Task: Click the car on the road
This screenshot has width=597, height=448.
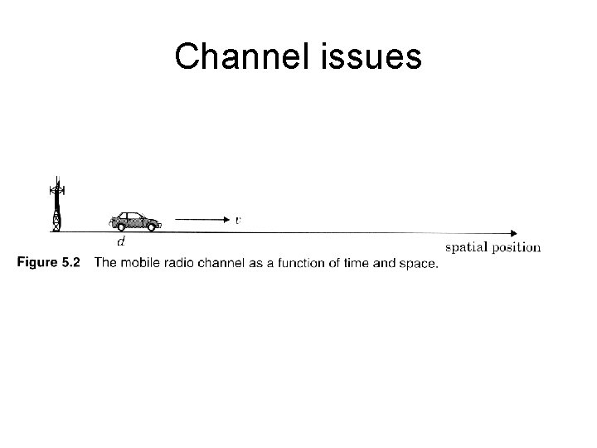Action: (x=134, y=220)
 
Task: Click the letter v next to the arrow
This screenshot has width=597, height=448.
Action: (x=238, y=220)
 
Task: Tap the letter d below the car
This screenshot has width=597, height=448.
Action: (x=122, y=241)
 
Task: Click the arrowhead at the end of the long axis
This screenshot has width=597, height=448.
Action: (x=514, y=232)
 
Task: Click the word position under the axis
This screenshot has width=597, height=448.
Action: (x=516, y=246)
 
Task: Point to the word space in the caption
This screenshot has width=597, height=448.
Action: (x=417, y=263)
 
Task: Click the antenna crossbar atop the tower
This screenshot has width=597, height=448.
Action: (x=57, y=190)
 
